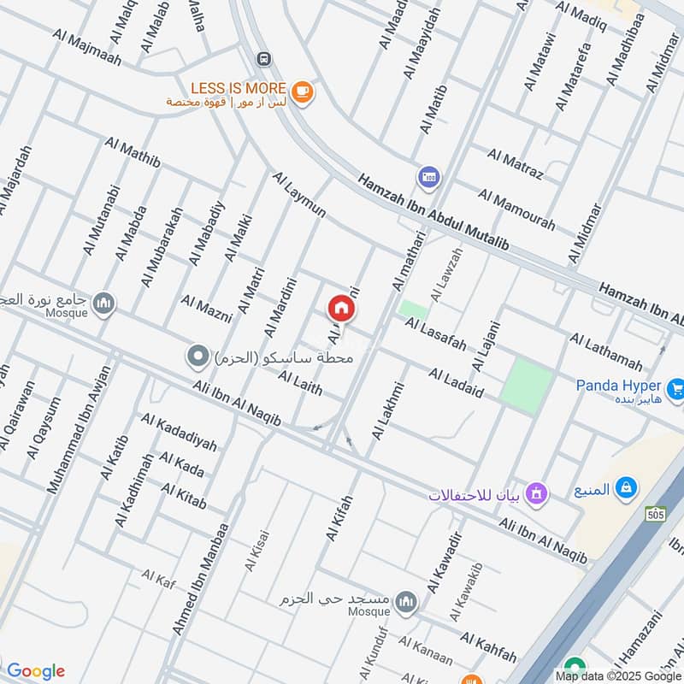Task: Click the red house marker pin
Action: pos(339,307)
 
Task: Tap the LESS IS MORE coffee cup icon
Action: pos(301,90)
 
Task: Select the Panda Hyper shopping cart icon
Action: pos(675,386)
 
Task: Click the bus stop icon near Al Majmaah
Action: pos(264,58)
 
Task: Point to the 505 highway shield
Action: pos(656,513)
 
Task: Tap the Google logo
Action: pos(35,671)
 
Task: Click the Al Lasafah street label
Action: pos(436,333)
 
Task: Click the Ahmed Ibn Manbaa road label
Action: pos(201,579)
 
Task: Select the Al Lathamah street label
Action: pos(605,351)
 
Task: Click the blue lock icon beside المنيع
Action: pos(627,487)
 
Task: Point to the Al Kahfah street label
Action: pos(488,647)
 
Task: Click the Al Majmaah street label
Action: pos(87,48)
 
